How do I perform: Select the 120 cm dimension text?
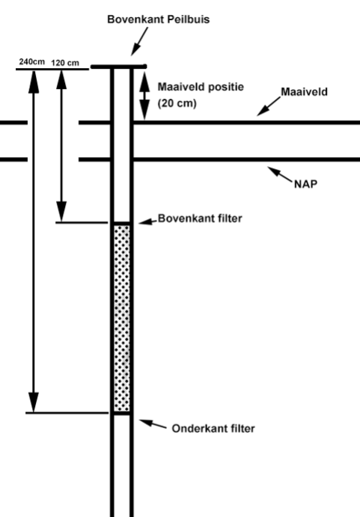pos(65,63)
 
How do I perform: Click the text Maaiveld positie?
pos(197,87)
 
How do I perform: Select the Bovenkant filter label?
pos(201,219)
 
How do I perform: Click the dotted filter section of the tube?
pos(121,318)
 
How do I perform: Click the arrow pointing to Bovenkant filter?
pos(145,221)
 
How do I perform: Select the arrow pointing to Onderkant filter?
pos(153,424)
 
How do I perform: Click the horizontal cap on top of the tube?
pos(118,67)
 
